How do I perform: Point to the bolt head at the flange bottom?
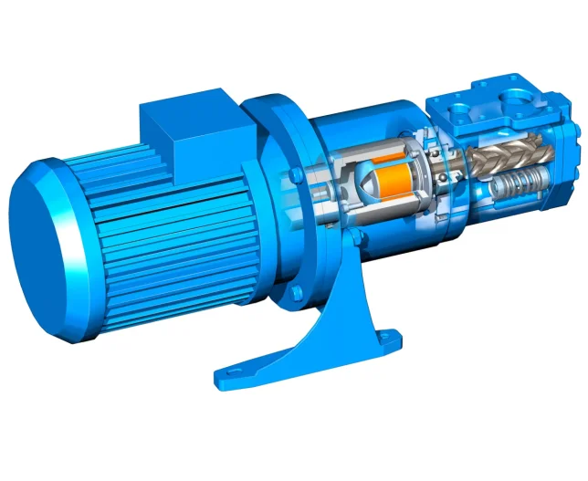pos(298,293)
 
